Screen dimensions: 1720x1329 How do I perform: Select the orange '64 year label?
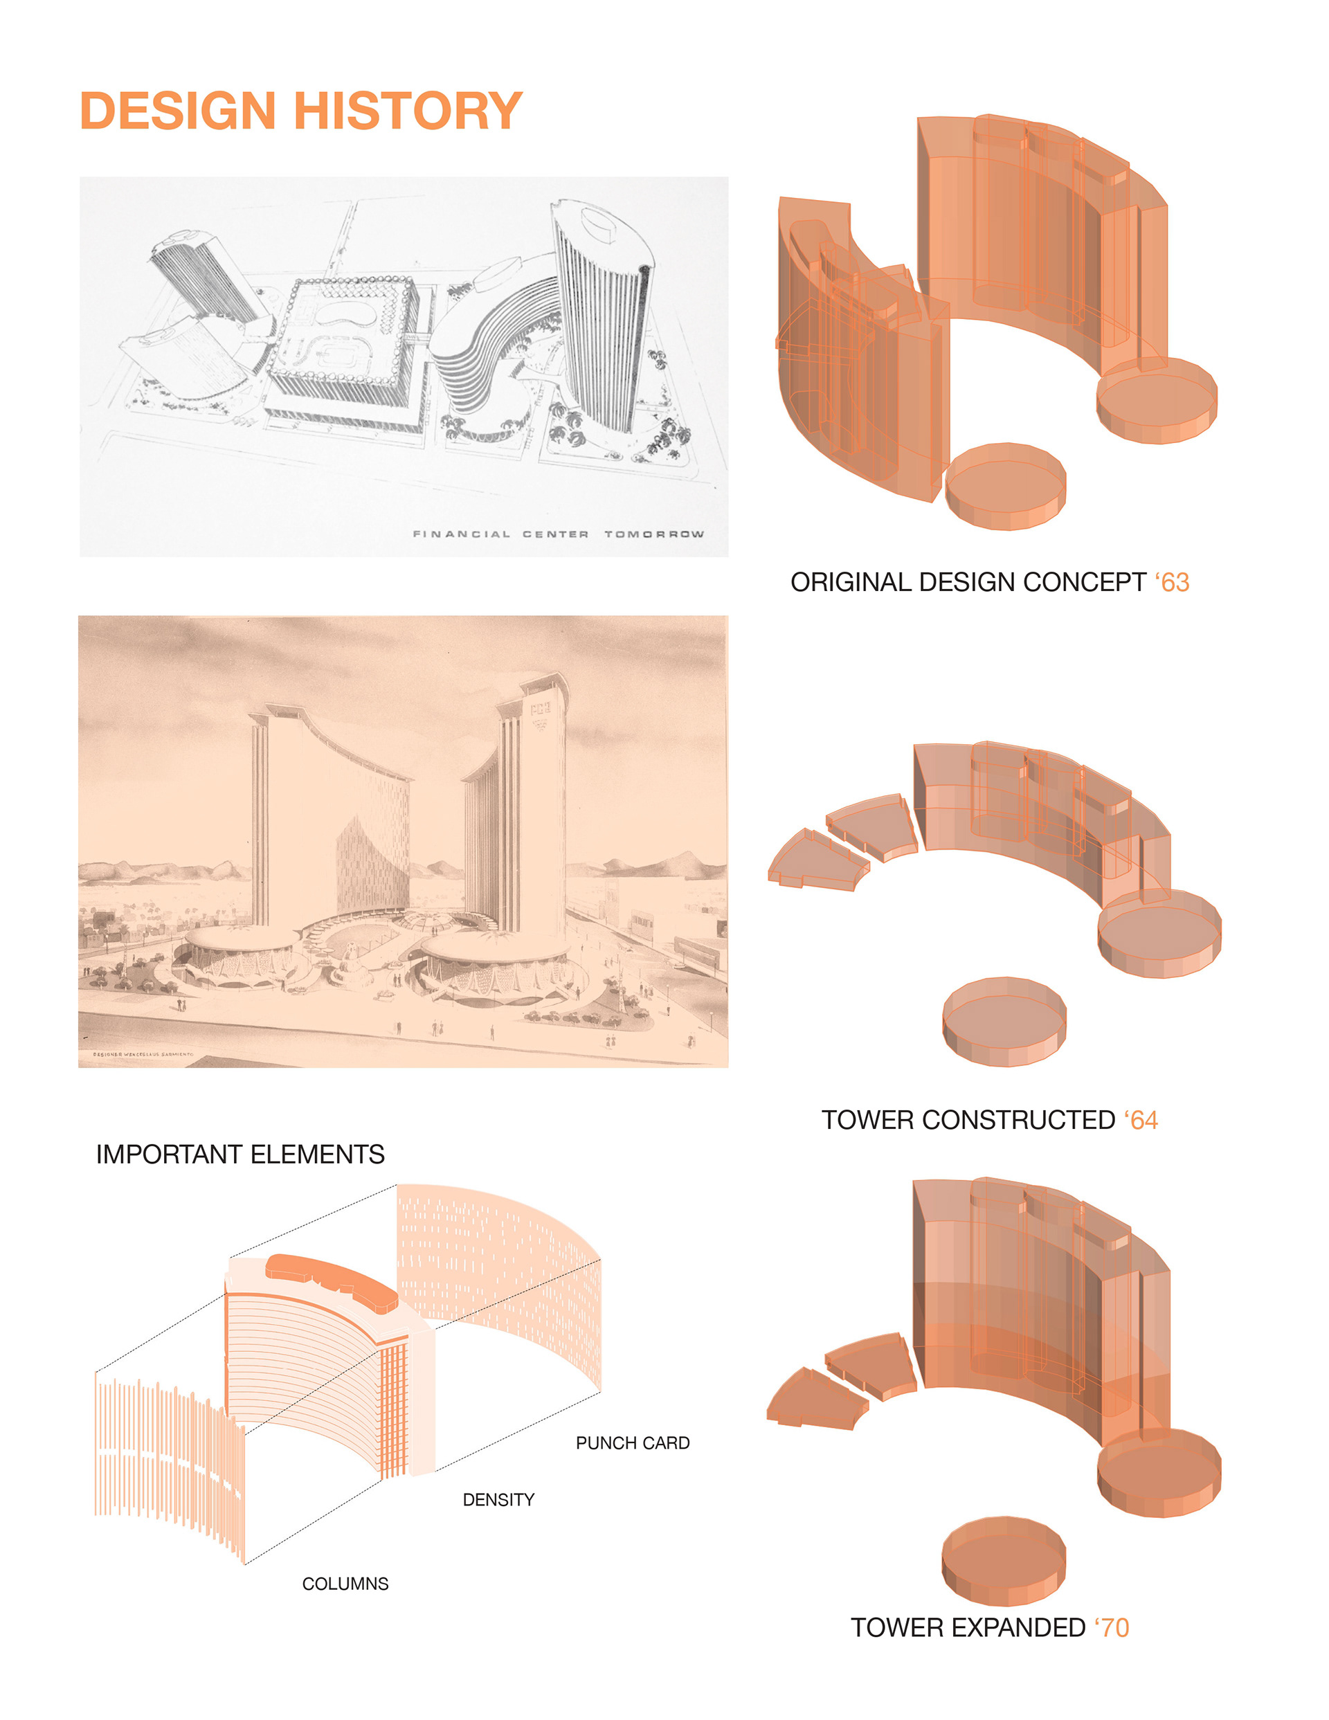tap(1141, 1120)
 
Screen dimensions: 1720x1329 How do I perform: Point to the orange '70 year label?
tap(1112, 1627)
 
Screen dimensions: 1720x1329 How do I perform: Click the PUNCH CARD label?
tap(632, 1442)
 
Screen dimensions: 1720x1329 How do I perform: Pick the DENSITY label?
tap(498, 1499)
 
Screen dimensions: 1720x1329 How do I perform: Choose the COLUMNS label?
tap(345, 1584)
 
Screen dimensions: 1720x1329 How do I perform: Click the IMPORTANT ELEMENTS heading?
tap(240, 1155)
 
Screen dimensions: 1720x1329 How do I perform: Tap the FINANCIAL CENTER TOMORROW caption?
tap(558, 534)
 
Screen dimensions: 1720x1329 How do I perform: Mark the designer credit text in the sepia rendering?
tap(143, 1053)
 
